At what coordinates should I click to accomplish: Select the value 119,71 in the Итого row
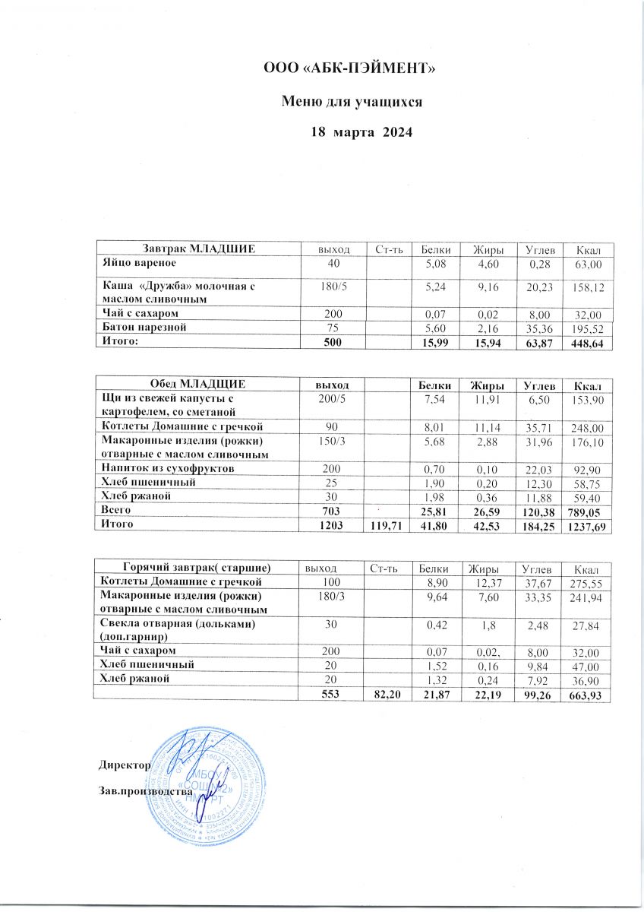coord(387,526)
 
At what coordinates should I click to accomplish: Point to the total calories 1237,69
coord(584,526)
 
